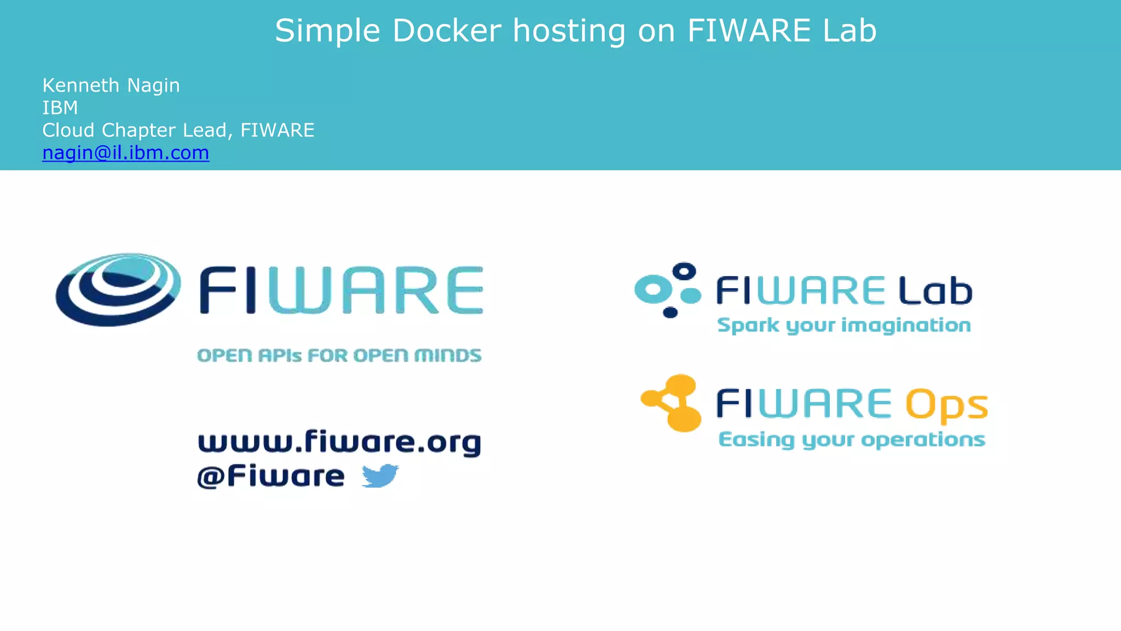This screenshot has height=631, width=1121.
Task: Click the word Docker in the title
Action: click(x=447, y=31)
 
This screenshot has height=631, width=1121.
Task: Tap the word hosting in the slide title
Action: click(x=569, y=32)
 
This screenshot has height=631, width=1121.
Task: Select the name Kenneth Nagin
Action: click(x=111, y=85)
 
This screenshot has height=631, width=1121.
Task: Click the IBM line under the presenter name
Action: click(x=60, y=108)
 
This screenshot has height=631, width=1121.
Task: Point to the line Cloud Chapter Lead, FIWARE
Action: click(x=178, y=130)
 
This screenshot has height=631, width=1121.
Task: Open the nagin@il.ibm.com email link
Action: click(x=126, y=153)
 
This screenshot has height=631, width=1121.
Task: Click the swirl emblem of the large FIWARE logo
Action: click(x=118, y=289)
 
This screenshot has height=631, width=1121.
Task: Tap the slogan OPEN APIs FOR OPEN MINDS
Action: click(x=339, y=355)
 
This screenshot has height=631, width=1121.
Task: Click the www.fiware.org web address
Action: click(x=339, y=443)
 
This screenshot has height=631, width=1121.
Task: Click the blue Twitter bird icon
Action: click(x=380, y=475)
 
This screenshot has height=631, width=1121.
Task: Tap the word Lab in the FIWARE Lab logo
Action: click(x=935, y=290)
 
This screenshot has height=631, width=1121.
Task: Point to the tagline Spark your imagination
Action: click(x=844, y=325)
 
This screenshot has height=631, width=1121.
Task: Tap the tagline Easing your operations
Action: click(x=852, y=440)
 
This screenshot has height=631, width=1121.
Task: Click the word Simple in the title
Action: click(x=327, y=31)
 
